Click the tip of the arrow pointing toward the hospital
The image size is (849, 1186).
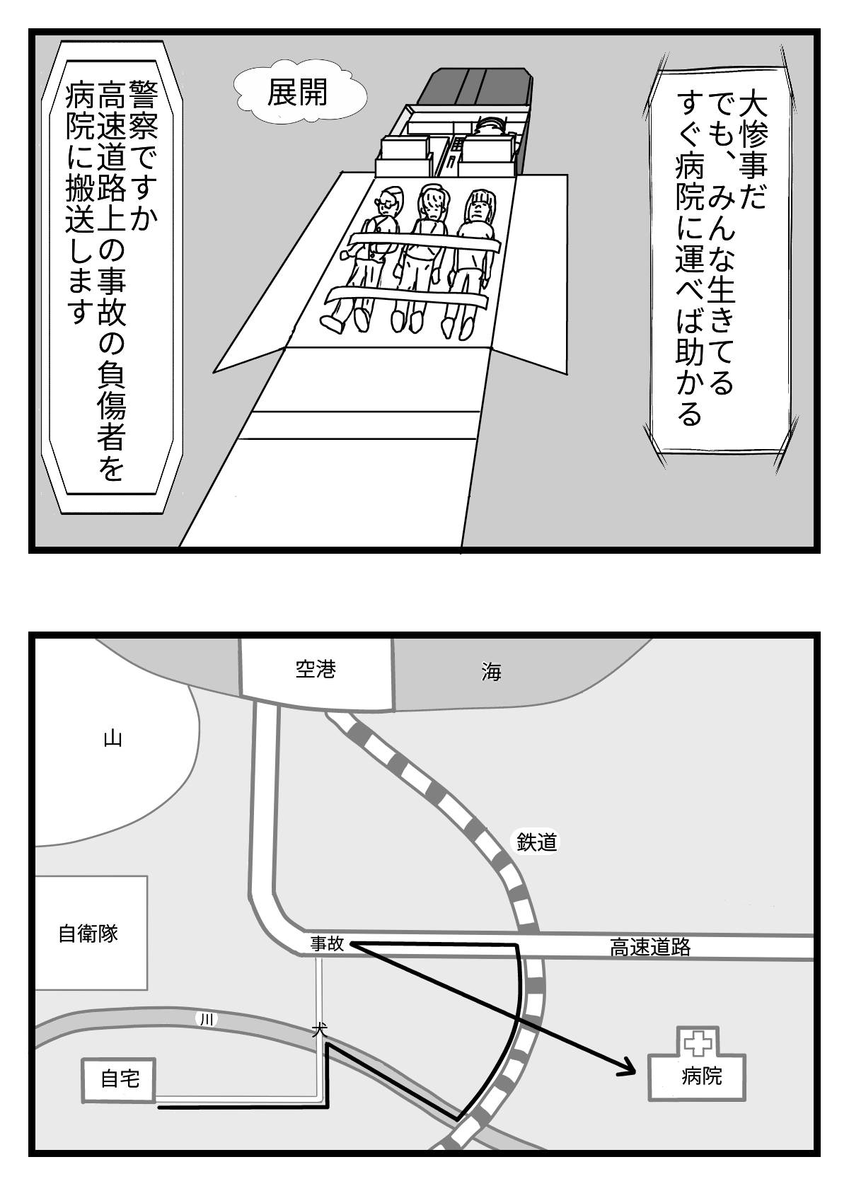(635, 1058)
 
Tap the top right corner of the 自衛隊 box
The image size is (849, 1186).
(147, 876)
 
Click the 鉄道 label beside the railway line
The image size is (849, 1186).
(536, 842)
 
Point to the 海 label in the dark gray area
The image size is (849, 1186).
(491, 673)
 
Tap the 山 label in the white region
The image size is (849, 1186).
(112, 738)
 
